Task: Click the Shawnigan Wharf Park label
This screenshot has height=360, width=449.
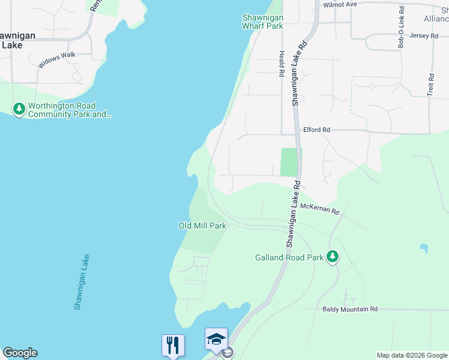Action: [x=262, y=22]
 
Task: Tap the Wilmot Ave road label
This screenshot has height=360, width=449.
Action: [x=340, y=4]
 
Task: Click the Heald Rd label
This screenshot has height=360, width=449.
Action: [x=281, y=64]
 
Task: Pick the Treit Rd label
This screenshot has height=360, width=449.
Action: [x=431, y=86]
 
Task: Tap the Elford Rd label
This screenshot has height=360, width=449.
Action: [x=316, y=130]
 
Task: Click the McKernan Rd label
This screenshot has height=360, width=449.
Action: [x=320, y=208]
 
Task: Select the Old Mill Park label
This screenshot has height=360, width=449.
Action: [x=202, y=226]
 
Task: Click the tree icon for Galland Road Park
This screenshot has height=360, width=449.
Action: [x=333, y=257]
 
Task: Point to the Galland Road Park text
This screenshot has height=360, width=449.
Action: [x=288, y=258]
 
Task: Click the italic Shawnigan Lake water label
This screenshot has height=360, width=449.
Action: [x=82, y=282]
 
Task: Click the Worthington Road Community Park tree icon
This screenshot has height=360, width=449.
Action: [x=19, y=109]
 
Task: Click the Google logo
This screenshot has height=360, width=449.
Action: [x=20, y=353]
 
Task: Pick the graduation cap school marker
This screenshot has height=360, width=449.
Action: [x=216, y=339]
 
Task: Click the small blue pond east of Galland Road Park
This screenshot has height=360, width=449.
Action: [x=424, y=247]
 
